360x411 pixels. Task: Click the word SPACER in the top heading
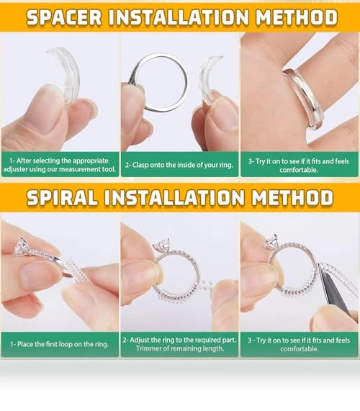click(x=64, y=17)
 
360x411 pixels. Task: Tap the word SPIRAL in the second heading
click(x=63, y=197)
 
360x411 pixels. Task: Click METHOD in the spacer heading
click(x=297, y=17)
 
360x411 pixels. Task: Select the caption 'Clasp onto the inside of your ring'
click(x=179, y=165)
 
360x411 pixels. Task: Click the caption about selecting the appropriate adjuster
click(x=60, y=165)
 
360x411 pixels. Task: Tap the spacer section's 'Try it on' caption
click(x=299, y=166)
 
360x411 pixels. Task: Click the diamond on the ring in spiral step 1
click(x=21, y=246)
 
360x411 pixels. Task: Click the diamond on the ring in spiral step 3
click(x=272, y=242)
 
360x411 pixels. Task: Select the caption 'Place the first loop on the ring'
click(x=59, y=344)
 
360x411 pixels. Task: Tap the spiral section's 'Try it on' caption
click(x=299, y=345)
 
